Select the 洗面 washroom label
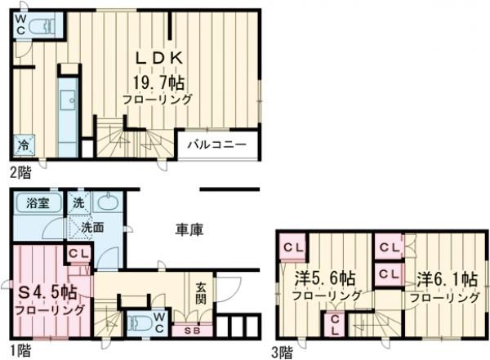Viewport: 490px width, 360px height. click(x=91, y=228)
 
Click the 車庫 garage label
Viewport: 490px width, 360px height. click(x=189, y=229)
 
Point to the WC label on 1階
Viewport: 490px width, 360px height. click(x=160, y=322)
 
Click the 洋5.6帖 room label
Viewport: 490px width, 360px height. click(x=326, y=279)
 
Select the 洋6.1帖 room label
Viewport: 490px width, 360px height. click(x=444, y=279)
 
